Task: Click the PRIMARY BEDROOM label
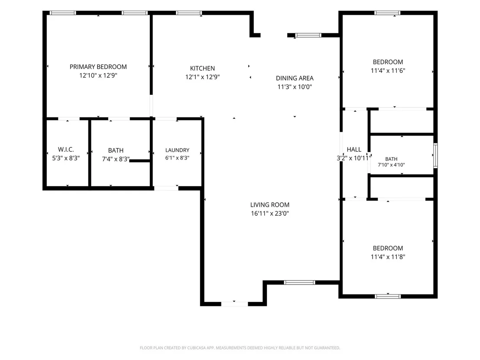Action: [x=98, y=67]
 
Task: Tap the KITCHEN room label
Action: [x=202, y=68]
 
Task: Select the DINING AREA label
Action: [x=295, y=78]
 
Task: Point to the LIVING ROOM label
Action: [x=270, y=205]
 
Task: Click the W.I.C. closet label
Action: [x=66, y=149]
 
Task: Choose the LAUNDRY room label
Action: [x=177, y=150]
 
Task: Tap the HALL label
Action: [x=354, y=149]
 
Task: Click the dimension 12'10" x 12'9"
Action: [x=98, y=75]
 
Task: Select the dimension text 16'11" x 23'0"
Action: [x=270, y=214]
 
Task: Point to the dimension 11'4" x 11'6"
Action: [x=388, y=71]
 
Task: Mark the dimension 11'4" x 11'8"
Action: [x=388, y=257]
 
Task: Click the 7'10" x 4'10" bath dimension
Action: [x=391, y=165]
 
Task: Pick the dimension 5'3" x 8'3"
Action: [x=66, y=158]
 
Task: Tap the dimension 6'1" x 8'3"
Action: [x=177, y=158]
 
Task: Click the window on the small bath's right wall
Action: [x=435, y=156]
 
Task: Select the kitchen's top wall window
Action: [x=189, y=13]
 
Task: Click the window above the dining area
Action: [x=308, y=35]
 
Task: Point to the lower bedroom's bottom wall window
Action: [x=388, y=296]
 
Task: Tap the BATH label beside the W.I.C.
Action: [x=116, y=150]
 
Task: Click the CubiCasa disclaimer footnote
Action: [x=240, y=348]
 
